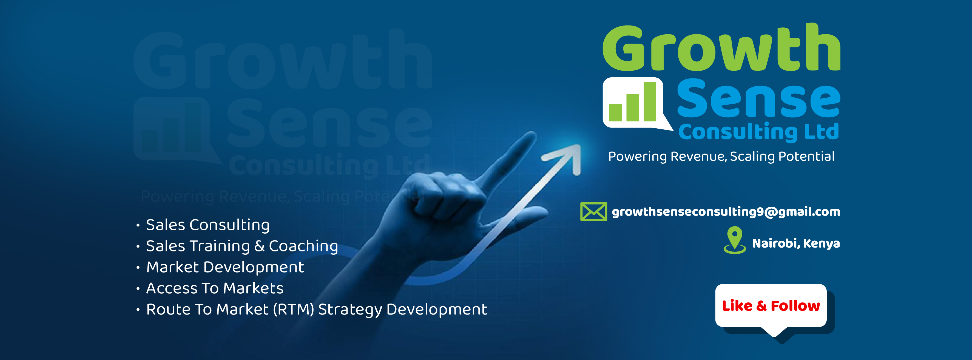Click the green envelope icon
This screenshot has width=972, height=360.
(593, 212)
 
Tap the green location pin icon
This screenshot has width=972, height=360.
(735, 240)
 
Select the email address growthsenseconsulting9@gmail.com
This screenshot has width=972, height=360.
(726, 212)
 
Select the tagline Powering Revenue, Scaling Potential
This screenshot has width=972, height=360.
(721, 156)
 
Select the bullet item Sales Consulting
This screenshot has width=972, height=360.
(208, 225)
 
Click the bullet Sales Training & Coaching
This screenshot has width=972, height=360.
(242, 246)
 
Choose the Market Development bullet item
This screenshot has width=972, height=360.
(225, 267)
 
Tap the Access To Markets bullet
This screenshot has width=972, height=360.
(215, 288)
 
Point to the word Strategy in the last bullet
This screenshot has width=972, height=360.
(350, 310)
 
